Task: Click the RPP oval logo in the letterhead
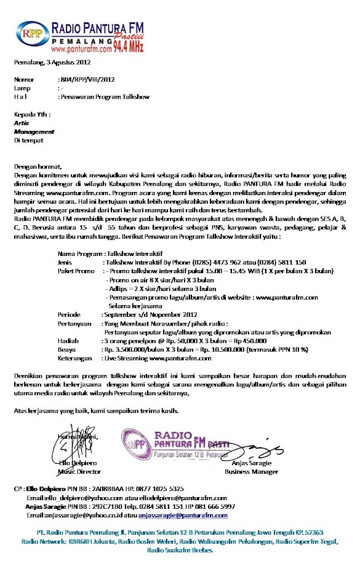pos(31,34)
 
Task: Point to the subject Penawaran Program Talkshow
pos(104,97)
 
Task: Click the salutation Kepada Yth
pos(32,114)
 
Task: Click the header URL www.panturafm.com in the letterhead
pos(81,48)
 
